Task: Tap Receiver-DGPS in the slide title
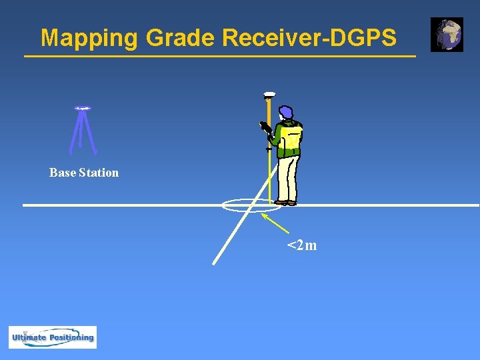point(309,38)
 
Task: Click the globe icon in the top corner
point(447,35)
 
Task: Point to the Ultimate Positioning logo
point(53,337)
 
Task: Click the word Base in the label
point(62,173)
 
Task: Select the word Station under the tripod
point(99,173)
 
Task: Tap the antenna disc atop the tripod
point(83,108)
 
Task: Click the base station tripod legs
point(83,133)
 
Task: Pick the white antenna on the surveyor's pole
point(269,94)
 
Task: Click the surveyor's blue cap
point(285,112)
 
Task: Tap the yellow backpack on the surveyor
point(291,139)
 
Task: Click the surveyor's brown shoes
point(286,202)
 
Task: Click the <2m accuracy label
point(302,246)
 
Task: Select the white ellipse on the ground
point(244,205)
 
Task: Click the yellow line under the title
point(219,57)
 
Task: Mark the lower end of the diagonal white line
point(214,263)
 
